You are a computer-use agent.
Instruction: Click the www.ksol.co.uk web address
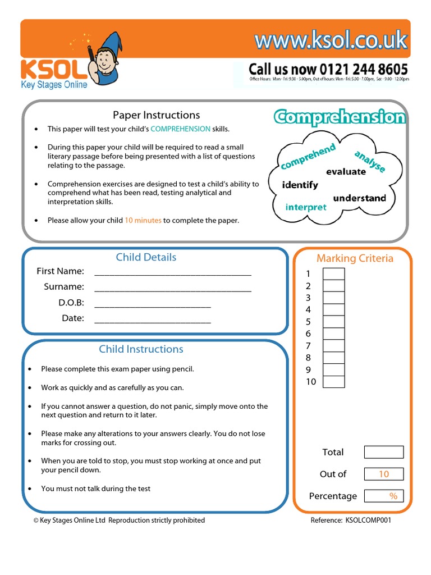pyautogui.click(x=331, y=41)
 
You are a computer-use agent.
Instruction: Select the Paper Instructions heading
pyautogui.click(x=156, y=115)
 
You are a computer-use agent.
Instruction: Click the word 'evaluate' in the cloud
pyautogui.click(x=346, y=172)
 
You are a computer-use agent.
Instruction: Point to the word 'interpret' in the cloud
pyautogui.click(x=306, y=207)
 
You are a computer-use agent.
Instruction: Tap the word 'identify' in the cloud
pyautogui.click(x=300, y=185)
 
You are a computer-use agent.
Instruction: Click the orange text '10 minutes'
pyautogui.click(x=143, y=220)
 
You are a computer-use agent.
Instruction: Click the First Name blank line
pyautogui.click(x=173, y=272)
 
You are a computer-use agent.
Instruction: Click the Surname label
pyautogui.click(x=64, y=287)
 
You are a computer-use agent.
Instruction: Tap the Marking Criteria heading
pyautogui.click(x=355, y=258)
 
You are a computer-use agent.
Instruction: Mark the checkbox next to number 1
pyautogui.click(x=334, y=274)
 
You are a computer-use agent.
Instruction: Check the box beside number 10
pyautogui.click(x=334, y=382)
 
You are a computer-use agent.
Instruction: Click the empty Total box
pyautogui.click(x=383, y=452)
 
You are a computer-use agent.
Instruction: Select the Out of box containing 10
pyautogui.click(x=383, y=474)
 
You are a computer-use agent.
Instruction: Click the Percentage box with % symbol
pyautogui.click(x=383, y=496)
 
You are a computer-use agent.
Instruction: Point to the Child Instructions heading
pyautogui.click(x=141, y=349)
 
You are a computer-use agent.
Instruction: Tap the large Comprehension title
pyautogui.click(x=340, y=117)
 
